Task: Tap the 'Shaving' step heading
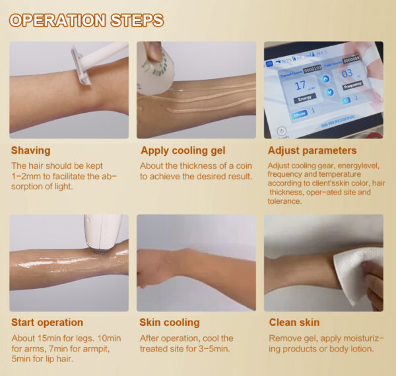(x=30, y=150)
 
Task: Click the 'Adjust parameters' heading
(x=312, y=150)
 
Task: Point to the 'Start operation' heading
(x=47, y=323)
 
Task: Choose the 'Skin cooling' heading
(x=170, y=323)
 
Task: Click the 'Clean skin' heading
(x=294, y=323)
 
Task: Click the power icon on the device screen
(x=282, y=131)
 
